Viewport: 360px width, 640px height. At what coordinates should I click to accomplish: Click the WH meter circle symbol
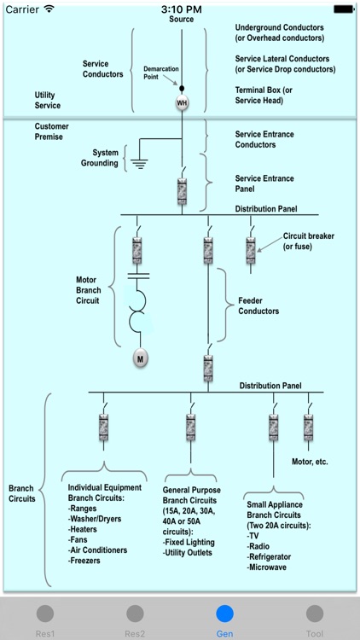pyautogui.click(x=182, y=103)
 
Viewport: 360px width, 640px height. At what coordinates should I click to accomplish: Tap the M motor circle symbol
pyautogui.click(x=140, y=359)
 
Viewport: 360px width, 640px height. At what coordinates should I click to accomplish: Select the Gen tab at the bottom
pyautogui.click(x=224, y=618)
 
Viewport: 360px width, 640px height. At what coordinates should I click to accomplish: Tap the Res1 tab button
pyautogui.click(x=45, y=618)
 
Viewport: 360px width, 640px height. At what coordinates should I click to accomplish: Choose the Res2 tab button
pyautogui.click(x=135, y=618)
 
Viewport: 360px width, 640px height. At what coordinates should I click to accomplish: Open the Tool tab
pyautogui.click(x=314, y=618)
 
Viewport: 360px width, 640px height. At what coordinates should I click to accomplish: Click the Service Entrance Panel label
pyautogui.click(x=264, y=183)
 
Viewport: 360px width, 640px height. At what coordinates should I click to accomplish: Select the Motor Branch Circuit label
pyautogui.click(x=88, y=289)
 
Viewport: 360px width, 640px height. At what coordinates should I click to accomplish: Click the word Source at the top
pyautogui.click(x=181, y=20)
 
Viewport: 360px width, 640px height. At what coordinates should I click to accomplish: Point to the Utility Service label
pyautogui.click(x=48, y=101)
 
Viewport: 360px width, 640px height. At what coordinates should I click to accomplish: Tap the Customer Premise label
pyautogui.click(x=51, y=131)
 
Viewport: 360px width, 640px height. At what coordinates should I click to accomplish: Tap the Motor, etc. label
pyautogui.click(x=310, y=462)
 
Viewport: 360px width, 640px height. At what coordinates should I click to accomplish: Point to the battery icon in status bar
pyautogui.click(x=343, y=9)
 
